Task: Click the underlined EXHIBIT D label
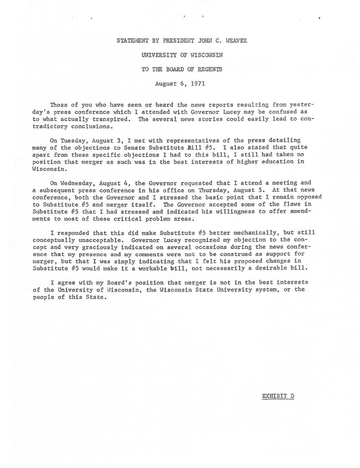(278, 396)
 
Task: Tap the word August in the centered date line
(166, 83)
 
